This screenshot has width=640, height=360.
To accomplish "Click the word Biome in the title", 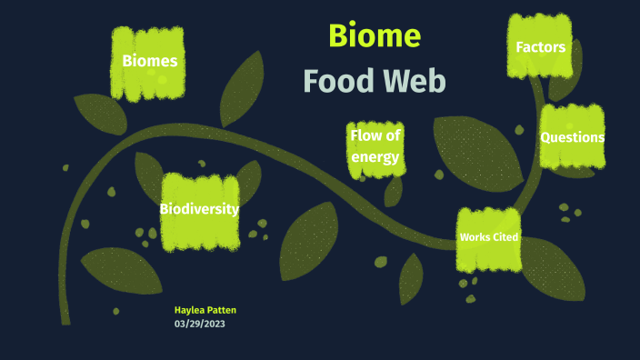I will pyautogui.click(x=374, y=35).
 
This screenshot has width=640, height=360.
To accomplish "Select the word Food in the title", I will pyautogui.click(x=337, y=82).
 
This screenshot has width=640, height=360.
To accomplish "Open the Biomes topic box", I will pyautogui.click(x=149, y=62).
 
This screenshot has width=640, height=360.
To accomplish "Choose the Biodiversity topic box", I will pyautogui.click(x=199, y=210).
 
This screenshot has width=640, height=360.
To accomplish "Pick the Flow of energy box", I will pyautogui.click(x=375, y=145).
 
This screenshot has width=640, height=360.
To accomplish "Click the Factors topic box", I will pyautogui.click(x=540, y=46).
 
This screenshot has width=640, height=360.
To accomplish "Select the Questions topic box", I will pyautogui.click(x=572, y=137).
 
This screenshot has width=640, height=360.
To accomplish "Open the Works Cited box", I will pyautogui.click(x=489, y=238).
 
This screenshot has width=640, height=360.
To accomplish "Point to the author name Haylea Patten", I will pyautogui.click(x=205, y=310).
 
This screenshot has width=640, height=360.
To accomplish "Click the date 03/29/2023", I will pyautogui.click(x=199, y=323).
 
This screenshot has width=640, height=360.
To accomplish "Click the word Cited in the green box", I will pyautogui.click(x=505, y=238).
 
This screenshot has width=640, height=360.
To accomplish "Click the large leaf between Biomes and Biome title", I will pyautogui.click(x=239, y=89).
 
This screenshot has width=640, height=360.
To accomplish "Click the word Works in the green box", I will pyautogui.click(x=475, y=238).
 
